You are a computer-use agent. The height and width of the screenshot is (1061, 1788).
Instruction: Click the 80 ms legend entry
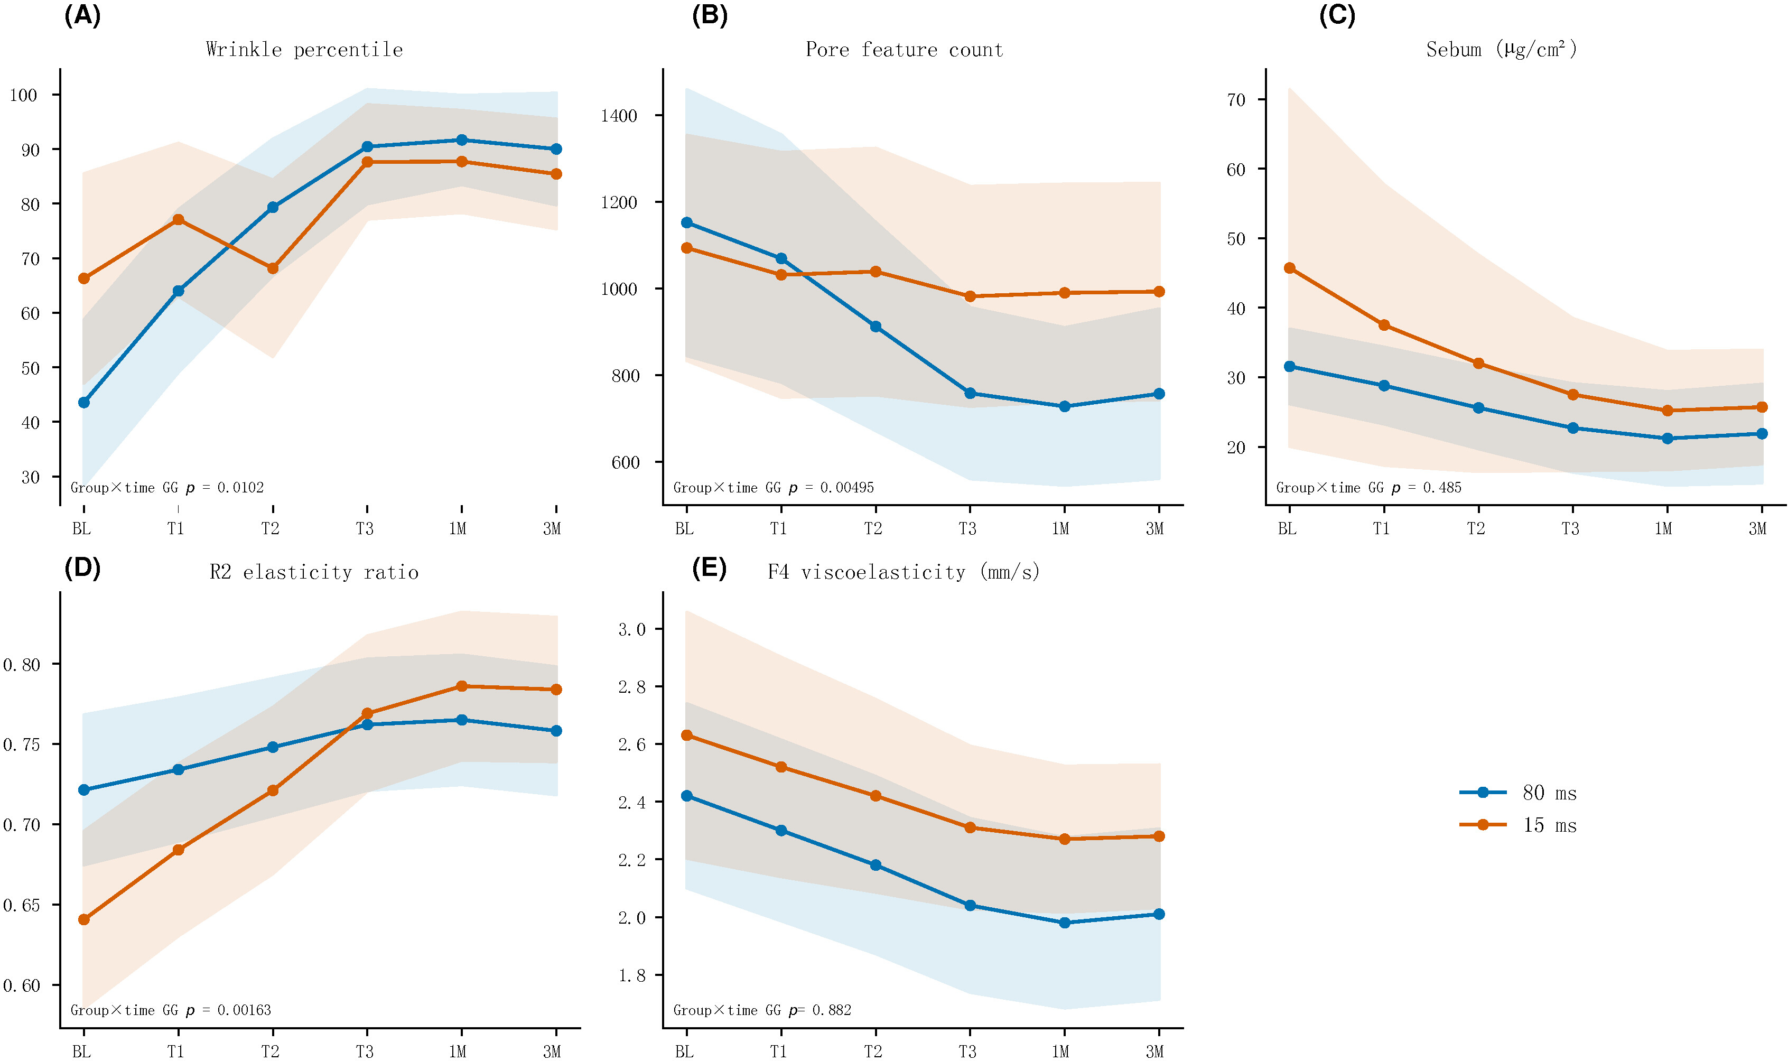(1517, 792)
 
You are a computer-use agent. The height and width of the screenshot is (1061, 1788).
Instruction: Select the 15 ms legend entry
(1517, 825)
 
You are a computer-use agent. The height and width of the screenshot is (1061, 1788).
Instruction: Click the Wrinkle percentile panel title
(304, 49)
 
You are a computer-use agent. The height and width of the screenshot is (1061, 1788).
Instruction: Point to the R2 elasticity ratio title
(314, 572)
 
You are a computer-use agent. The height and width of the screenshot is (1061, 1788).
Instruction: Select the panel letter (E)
(709, 569)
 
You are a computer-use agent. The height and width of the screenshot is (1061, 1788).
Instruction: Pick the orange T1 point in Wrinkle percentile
(178, 219)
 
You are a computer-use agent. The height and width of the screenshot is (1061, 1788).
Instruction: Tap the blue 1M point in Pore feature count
(1065, 406)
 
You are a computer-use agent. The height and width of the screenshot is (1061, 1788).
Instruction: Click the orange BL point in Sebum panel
(1289, 268)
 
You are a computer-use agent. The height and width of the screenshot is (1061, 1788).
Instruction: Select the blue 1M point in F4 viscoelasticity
(1065, 923)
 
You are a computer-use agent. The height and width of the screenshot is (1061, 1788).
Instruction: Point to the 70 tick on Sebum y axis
(1235, 100)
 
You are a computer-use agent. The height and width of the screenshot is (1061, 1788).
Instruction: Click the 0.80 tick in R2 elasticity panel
(22, 665)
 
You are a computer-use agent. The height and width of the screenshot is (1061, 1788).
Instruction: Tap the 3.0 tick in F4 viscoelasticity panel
(631, 629)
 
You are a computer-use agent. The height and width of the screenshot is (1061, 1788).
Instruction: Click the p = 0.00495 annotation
(774, 488)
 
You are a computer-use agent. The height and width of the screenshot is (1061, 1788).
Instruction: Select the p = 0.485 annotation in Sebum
(1368, 488)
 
